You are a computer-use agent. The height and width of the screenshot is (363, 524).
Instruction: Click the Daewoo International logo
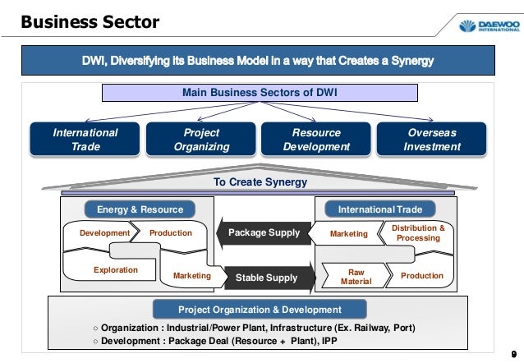click(x=490, y=25)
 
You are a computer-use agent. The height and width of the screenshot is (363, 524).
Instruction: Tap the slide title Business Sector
click(x=90, y=22)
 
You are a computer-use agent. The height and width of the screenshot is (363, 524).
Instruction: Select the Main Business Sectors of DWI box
click(x=260, y=93)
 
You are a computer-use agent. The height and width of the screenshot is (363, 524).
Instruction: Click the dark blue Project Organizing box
click(x=201, y=140)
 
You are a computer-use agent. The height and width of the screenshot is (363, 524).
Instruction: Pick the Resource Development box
click(x=316, y=140)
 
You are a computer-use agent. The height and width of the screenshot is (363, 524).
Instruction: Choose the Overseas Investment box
click(x=431, y=140)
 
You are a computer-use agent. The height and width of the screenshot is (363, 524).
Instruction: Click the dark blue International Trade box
click(x=85, y=140)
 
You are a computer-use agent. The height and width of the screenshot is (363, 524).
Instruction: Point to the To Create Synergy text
click(x=260, y=181)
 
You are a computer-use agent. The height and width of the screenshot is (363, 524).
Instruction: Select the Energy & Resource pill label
click(x=140, y=209)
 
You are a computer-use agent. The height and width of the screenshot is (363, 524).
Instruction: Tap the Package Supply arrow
click(x=264, y=232)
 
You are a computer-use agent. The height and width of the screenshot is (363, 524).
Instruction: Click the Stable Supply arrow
click(x=270, y=278)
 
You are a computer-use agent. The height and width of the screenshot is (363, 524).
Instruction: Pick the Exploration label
click(x=116, y=269)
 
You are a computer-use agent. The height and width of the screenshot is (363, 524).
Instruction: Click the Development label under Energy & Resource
click(x=104, y=233)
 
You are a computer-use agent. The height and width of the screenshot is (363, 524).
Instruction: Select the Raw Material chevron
click(x=356, y=277)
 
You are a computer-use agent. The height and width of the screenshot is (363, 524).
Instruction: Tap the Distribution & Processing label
click(x=418, y=233)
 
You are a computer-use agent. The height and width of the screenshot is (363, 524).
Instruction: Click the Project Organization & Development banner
click(x=260, y=309)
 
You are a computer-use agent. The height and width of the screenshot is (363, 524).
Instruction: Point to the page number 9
click(x=513, y=354)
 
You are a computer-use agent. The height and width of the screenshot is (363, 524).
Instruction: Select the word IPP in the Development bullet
click(x=329, y=341)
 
